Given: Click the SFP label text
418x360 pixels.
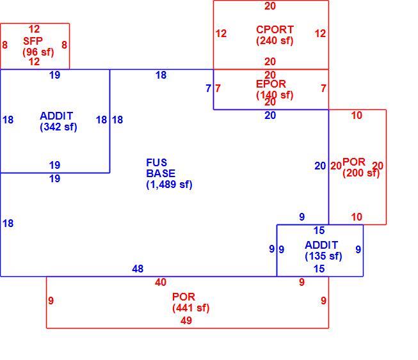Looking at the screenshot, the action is click(33, 41).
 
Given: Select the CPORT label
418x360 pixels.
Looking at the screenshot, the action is click(275, 29).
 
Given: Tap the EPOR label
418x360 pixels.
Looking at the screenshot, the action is click(271, 84).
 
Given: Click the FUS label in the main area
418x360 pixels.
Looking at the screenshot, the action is click(156, 162).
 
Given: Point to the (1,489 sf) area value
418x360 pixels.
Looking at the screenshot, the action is click(169, 184).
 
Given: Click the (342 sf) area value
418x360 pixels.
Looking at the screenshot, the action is click(58, 127).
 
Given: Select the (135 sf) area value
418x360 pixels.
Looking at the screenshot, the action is click(323, 256).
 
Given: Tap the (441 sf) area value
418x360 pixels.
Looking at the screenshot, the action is click(191, 308).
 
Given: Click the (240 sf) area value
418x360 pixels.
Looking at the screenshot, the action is click(275, 40).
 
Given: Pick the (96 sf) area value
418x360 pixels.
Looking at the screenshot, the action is click(38, 52).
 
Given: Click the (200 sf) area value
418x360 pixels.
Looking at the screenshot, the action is click(361, 173).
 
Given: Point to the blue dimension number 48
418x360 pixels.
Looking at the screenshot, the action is click(138, 269).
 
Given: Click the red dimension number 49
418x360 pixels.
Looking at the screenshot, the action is click(186, 320).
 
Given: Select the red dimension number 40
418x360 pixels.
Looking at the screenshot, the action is click(161, 282).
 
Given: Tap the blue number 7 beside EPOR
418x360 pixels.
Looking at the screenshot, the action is click(209, 88).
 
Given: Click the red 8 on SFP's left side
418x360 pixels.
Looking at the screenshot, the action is click(4, 45).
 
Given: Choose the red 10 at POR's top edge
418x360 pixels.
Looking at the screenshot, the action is click(357, 116).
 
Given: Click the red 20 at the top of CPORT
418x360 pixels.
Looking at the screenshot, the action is click(270, 6).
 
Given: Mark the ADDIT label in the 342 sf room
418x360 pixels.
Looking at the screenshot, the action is click(56, 116).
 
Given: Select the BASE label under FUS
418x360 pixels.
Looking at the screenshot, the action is click(161, 173).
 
